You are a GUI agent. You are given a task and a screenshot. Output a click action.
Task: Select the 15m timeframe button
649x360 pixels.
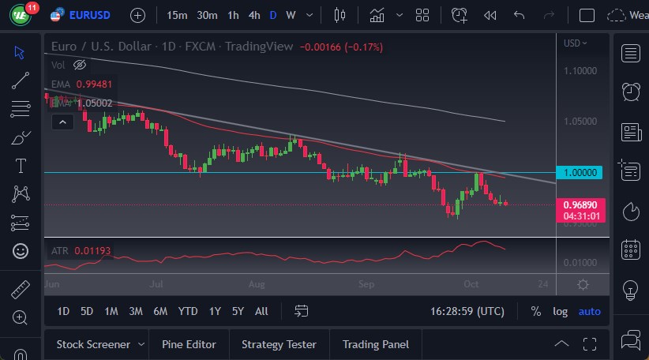pos(178,15)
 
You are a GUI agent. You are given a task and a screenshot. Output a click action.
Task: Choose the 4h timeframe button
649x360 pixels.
pos(253,15)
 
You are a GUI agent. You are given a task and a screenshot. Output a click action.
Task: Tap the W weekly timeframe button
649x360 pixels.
pos(291,15)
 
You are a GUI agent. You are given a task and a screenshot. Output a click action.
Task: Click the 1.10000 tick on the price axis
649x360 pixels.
pos(580,71)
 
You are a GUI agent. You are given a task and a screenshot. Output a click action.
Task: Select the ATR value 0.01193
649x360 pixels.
pos(92,251)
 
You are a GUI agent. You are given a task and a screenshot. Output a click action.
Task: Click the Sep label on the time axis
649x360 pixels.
pos(366,283)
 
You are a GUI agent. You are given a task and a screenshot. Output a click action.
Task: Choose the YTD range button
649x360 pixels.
pos(188,311)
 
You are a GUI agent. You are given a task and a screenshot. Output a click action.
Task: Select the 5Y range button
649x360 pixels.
pos(238,311)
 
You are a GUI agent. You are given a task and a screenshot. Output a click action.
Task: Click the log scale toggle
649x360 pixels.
pos(560,311)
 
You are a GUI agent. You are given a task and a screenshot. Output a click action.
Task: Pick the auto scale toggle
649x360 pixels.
pos(590,311)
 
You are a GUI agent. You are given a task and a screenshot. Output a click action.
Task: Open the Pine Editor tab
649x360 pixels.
pos(189,344)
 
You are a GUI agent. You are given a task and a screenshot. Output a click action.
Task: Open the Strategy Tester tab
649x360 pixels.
pos(279,344)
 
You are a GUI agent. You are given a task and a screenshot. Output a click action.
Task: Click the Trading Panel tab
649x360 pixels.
pos(375,344)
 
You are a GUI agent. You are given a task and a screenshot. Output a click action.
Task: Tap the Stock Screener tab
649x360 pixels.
pos(93,344)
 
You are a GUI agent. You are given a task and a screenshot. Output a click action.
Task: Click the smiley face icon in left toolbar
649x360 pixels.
pos(21,251)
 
